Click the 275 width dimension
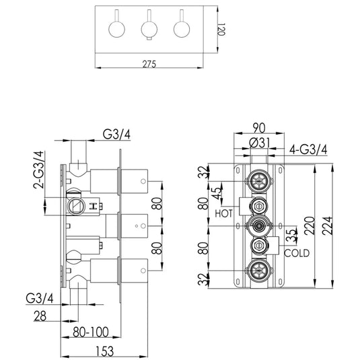pyautogui.click(x=149, y=63)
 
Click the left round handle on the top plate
pyautogui.click(x=117, y=28)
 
